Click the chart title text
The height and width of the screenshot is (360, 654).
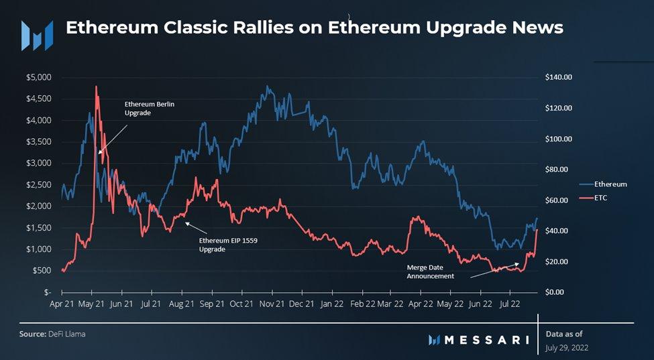pos(314,28)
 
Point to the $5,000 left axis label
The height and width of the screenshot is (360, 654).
pos(38,77)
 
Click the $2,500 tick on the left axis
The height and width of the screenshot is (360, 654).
pos(38,184)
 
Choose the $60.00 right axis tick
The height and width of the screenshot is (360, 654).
pos(557,200)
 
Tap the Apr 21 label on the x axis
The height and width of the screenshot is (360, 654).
pos(62,304)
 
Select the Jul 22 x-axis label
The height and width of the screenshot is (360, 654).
pos(510,304)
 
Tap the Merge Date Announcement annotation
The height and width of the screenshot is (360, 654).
pos(431,272)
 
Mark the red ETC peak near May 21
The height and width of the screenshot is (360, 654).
pos(96,86)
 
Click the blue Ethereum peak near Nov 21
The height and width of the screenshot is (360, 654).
pos(268,86)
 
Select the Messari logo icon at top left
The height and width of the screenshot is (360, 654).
pos(37,35)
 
